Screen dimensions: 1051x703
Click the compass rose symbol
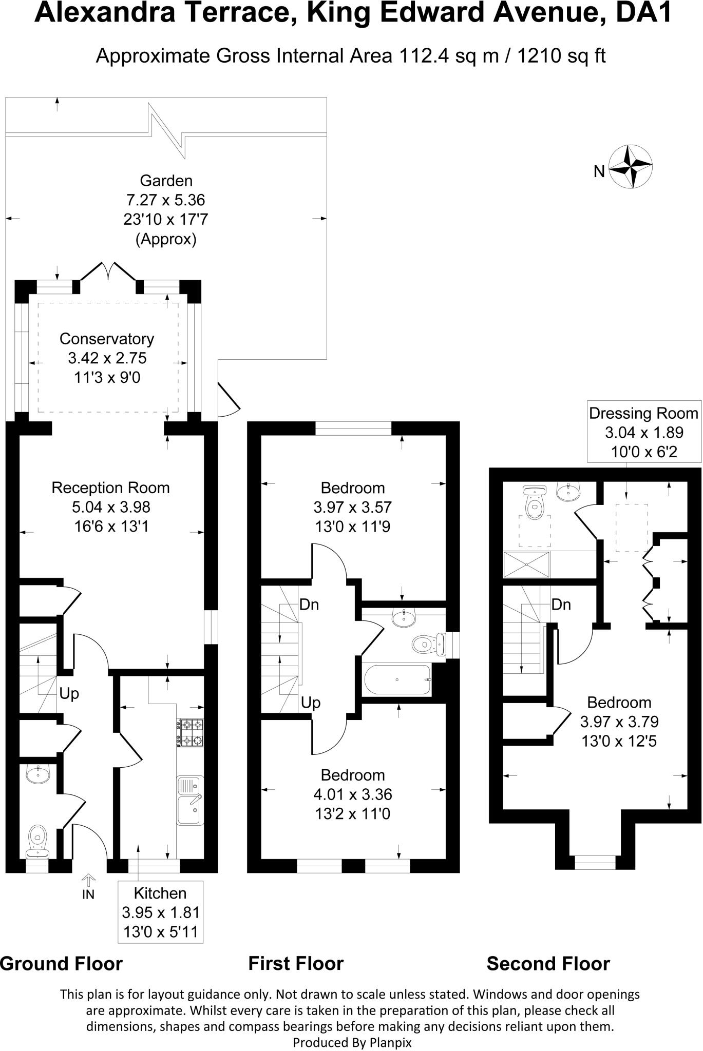(631, 167)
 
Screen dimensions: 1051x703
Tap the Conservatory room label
(107, 339)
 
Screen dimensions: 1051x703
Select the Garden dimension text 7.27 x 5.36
(165, 200)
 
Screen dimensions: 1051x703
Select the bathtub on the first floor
(397, 680)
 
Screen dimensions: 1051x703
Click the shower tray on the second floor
(526, 563)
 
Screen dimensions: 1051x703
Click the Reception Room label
(110, 488)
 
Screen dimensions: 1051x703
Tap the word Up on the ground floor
(69, 694)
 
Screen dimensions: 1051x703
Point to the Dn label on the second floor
(561, 605)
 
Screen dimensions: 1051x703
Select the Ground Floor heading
(62, 964)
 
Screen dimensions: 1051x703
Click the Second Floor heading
(548, 964)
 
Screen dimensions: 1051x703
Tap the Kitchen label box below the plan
(160, 912)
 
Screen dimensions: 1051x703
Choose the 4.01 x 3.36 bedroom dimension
(352, 794)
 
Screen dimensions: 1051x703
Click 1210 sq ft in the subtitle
(561, 55)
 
